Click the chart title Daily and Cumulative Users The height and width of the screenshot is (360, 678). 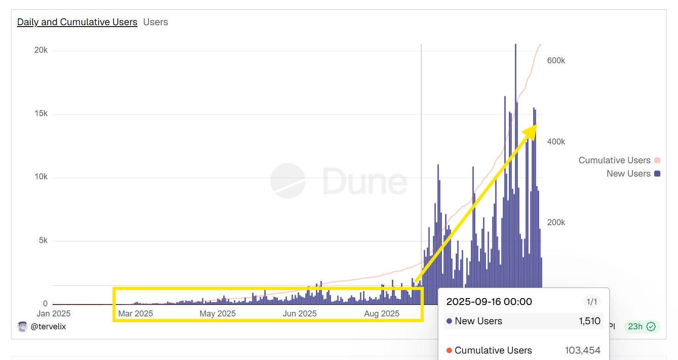tap(77, 22)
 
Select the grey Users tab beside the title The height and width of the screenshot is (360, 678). tap(155, 22)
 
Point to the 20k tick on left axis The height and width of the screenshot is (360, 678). tap(41, 50)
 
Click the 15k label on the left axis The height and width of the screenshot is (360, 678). tap(41, 113)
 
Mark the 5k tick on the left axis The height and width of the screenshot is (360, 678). tap(43, 240)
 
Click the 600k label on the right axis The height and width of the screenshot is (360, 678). tap(556, 61)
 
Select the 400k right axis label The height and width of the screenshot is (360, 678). tap(556, 142)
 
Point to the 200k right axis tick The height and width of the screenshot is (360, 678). tap(556, 222)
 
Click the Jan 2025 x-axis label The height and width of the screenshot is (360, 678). tap(54, 314)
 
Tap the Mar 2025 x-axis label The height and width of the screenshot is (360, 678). tap(135, 314)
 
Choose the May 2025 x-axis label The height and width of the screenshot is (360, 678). tap(217, 314)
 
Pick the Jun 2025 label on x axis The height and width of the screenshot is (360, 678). tap(299, 314)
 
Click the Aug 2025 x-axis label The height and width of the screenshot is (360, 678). tap(381, 314)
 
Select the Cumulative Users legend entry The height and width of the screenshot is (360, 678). tap(614, 160)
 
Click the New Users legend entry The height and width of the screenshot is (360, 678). tap(628, 173)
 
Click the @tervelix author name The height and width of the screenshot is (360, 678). tap(48, 327)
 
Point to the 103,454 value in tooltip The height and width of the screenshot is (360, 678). tap(582, 350)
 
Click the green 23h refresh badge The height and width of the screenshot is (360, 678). tap(641, 327)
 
